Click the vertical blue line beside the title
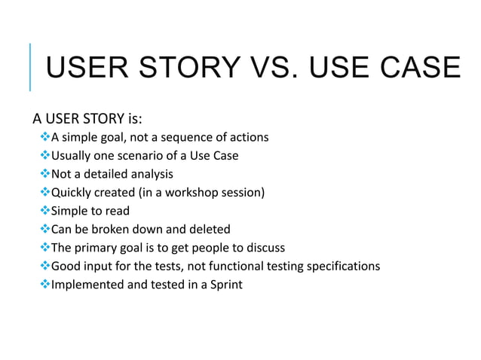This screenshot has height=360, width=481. pos(30,67)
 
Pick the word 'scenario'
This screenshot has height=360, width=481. pos(150,156)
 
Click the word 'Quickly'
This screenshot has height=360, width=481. pos(72,193)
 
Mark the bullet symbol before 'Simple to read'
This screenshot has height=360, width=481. pos(44,211)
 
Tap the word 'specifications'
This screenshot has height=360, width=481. pos(342,267)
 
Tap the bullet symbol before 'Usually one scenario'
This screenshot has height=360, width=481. pos(44,156)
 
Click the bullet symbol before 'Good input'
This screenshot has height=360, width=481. pos(44,266)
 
